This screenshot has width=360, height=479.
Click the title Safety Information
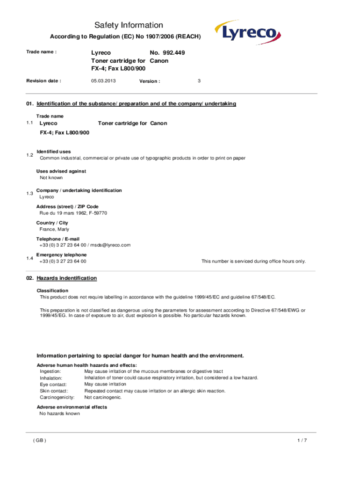[x=129, y=25]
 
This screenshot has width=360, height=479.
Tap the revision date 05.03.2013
[x=103, y=81]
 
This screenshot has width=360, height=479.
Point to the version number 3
[x=199, y=81]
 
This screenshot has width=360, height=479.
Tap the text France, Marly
[x=54, y=229]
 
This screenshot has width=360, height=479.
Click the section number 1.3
[x=30, y=194]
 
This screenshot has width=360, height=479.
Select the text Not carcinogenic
[x=103, y=397]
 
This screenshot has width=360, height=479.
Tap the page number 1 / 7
[x=302, y=441]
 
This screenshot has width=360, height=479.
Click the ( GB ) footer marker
[x=39, y=441]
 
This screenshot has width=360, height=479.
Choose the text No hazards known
[x=60, y=414]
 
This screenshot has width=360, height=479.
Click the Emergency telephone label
[x=61, y=255]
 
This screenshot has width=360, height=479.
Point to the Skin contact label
[x=54, y=391]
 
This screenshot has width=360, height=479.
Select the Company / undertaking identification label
[x=79, y=190]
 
